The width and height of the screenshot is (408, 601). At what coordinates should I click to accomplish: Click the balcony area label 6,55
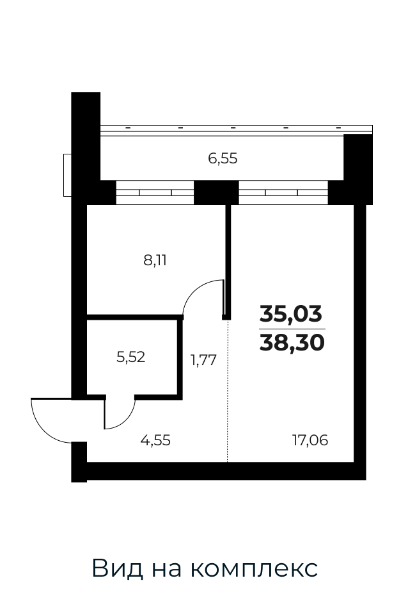pos(223,158)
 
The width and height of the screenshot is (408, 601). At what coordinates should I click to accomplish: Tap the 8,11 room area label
pos(155,261)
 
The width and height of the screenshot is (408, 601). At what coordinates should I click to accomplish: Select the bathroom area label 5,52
pos(130,358)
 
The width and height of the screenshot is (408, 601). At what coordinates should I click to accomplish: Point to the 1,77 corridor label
pos(203,360)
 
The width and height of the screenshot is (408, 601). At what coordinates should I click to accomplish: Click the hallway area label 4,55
pos(155,440)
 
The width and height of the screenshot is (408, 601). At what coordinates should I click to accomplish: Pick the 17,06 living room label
pos(310,440)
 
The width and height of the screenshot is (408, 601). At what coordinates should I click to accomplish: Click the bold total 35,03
pos(291,315)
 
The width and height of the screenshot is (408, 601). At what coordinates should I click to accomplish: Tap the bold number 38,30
pos(292,342)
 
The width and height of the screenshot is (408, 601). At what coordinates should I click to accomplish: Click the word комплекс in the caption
pos(254,568)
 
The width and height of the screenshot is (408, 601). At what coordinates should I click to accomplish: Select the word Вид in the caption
pos(118,568)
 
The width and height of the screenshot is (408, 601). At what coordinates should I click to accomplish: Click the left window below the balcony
pos(155,192)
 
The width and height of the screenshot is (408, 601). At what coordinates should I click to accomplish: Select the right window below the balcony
pos(283,192)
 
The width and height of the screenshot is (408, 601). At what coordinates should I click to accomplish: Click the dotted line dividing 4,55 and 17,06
pos(228,391)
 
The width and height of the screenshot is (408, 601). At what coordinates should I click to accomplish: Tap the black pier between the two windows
pos(216,192)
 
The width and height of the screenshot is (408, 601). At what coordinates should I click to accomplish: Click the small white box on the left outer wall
pos(67,175)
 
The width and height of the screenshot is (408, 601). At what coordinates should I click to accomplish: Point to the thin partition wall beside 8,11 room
pos(228,261)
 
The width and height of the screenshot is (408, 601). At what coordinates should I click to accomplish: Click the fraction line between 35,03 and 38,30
pos(292,329)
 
